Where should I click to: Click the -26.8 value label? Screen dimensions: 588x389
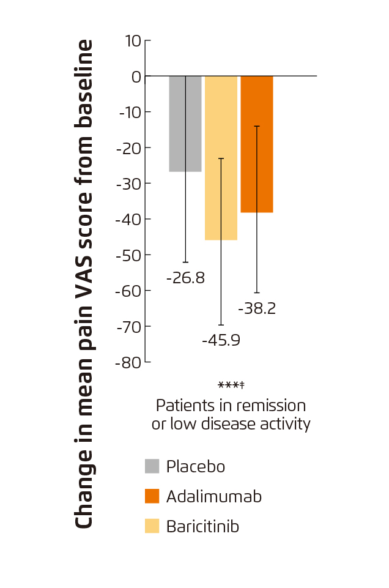click(185, 278)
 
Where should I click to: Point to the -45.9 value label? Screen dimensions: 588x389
click(221, 340)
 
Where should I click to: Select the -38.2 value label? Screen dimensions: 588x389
click(256, 308)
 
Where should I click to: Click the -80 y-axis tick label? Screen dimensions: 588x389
click(128, 362)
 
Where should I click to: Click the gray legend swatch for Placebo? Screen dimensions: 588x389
click(152, 466)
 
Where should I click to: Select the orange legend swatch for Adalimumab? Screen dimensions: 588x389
click(152, 496)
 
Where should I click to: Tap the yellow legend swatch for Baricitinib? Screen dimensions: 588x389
click(152, 526)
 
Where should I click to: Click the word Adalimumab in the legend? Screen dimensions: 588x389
click(213, 496)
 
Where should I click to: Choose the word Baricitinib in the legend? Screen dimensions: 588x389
click(202, 526)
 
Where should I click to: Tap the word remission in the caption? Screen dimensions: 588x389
click(275, 405)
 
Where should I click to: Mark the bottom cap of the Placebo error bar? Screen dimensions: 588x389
click(185, 262)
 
